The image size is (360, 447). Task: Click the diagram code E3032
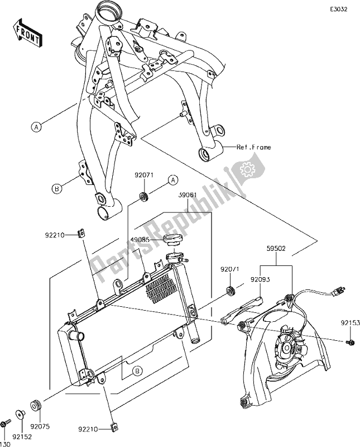(338, 10)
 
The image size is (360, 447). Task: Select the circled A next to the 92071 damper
(173, 179)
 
